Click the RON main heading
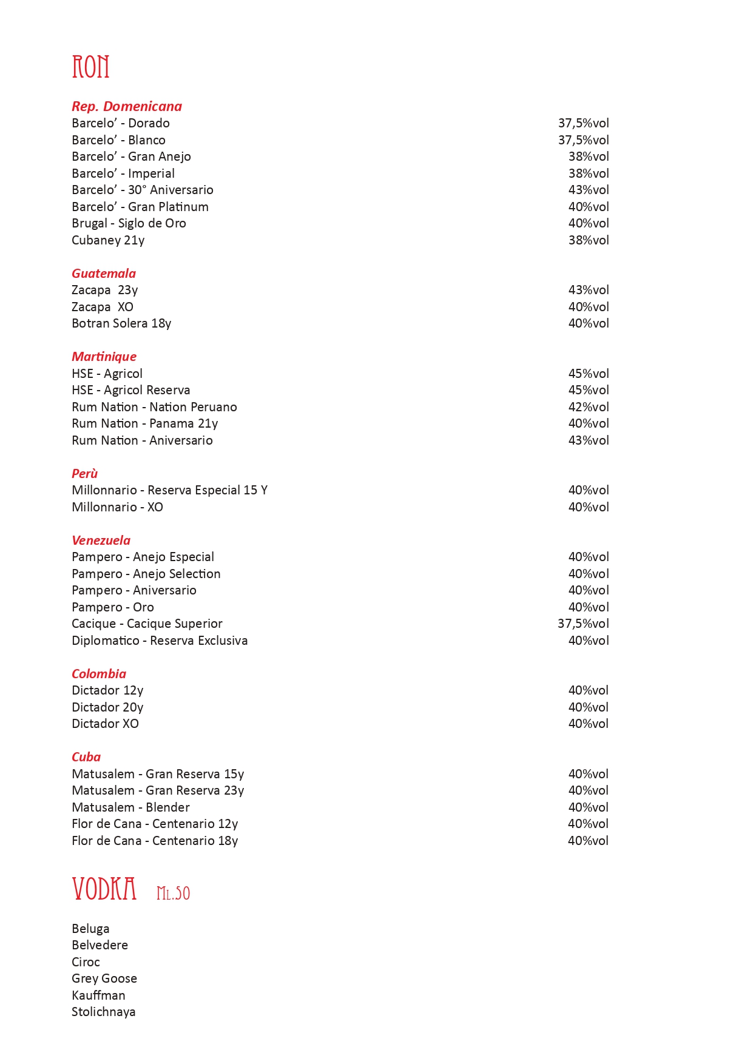(90, 67)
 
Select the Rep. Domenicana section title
(127, 106)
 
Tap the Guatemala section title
(104, 273)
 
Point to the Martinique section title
(104, 357)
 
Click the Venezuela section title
(101, 540)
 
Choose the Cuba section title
(86, 756)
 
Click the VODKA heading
(104, 889)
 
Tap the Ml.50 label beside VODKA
(173, 893)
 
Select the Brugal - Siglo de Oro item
(129, 223)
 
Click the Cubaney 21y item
(108, 240)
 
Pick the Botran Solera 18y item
(121, 323)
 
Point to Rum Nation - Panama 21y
(144, 423)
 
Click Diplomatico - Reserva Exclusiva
(160, 641)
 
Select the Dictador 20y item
(107, 707)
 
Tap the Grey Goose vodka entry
(104, 978)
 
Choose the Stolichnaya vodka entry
(104, 1012)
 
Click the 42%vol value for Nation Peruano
(589, 407)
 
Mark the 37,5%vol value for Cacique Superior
(583, 624)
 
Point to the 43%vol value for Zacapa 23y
(589, 290)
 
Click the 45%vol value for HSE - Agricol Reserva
(589, 390)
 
